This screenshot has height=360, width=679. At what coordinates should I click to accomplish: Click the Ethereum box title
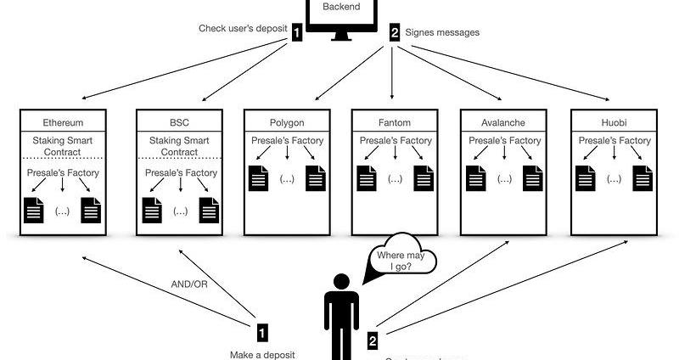coord(62,121)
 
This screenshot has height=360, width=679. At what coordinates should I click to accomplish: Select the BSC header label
coord(178,121)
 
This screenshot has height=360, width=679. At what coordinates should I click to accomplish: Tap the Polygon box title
coord(286,121)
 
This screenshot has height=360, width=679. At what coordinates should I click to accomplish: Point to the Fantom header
coord(395,121)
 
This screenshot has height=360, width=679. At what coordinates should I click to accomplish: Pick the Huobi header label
coord(613,121)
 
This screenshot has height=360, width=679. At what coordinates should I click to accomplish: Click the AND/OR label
coord(188,283)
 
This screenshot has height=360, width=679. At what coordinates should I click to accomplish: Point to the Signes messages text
coord(443,32)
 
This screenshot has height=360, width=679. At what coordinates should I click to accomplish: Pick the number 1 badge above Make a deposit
coord(263,332)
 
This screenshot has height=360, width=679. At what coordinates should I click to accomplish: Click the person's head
coord(340,282)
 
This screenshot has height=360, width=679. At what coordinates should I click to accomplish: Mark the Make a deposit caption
coord(262,354)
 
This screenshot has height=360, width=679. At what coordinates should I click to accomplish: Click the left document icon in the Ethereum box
coord(34,209)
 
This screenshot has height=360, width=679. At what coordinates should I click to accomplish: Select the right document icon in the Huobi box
coord(642,178)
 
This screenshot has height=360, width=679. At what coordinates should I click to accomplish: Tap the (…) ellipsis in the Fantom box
coord(395,179)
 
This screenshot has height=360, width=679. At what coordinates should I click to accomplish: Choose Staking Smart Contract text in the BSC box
coord(178,146)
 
